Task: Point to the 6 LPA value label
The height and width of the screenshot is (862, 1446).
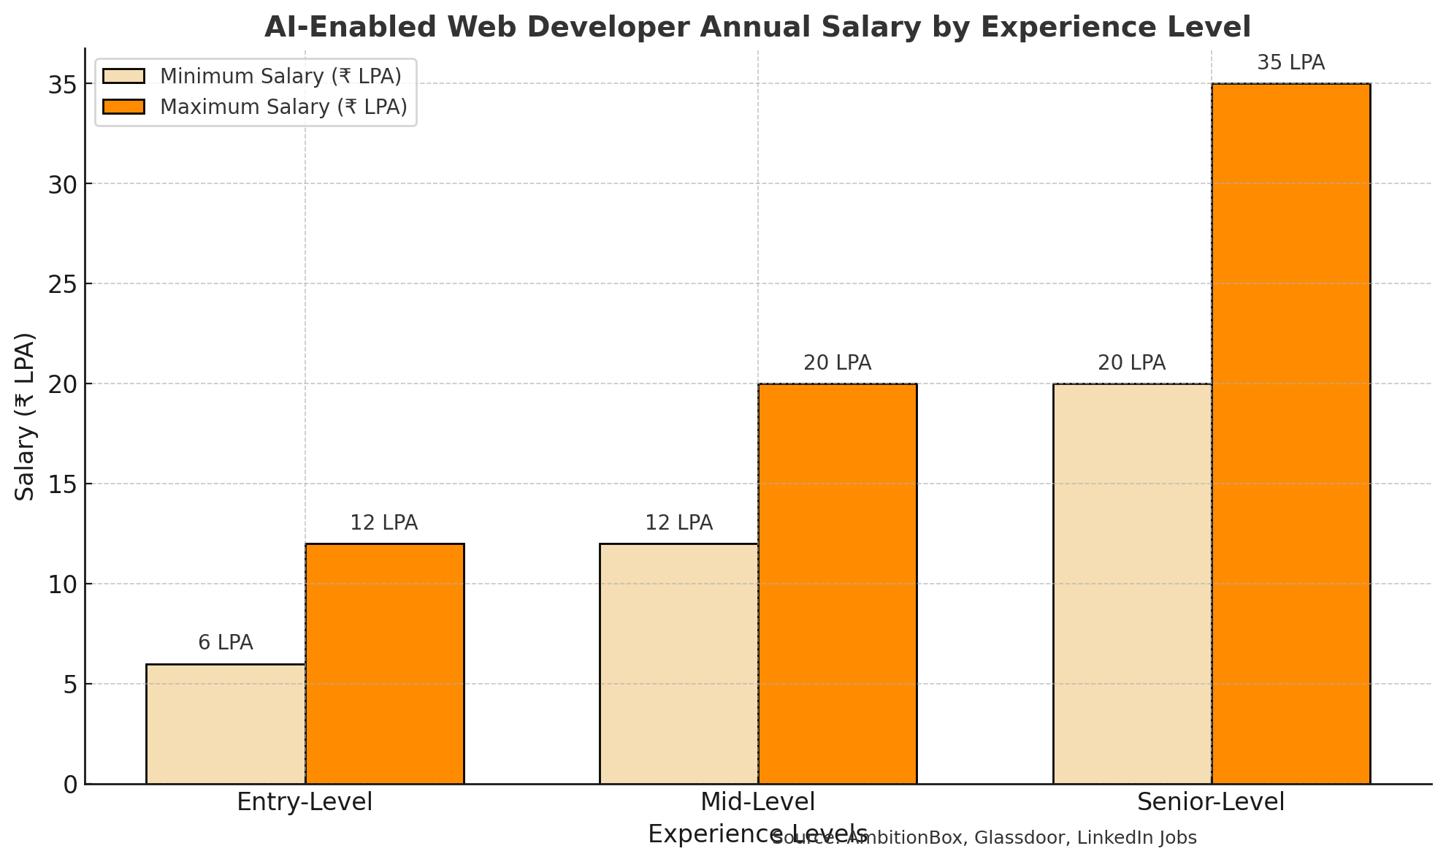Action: tap(226, 643)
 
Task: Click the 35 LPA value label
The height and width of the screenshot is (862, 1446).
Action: tap(1290, 63)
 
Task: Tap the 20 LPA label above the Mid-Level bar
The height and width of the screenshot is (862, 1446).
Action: tap(837, 363)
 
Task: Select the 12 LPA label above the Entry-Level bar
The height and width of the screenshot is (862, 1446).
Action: tap(384, 523)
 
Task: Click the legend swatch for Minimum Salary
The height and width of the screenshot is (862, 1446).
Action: tap(123, 77)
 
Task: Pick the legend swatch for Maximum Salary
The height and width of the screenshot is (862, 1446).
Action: tap(123, 107)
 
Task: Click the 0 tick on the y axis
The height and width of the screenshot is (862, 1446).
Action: tap(70, 785)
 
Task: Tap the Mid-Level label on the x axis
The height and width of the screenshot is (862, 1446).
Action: tap(757, 802)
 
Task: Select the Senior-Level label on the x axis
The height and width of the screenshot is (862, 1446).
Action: tap(1211, 802)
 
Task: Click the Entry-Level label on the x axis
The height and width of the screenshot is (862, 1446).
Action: tap(305, 802)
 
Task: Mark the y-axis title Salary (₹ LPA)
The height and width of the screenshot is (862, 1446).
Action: tap(26, 416)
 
